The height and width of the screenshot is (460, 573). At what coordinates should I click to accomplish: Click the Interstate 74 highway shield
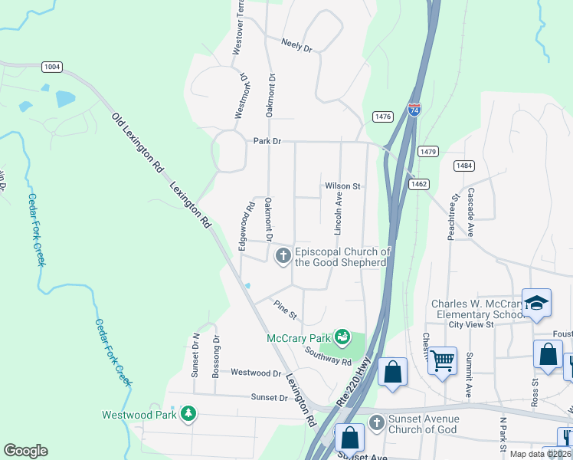(x=414, y=110)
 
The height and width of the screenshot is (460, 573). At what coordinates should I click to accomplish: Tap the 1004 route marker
(x=52, y=67)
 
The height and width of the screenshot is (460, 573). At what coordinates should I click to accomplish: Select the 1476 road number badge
(x=383, y=117)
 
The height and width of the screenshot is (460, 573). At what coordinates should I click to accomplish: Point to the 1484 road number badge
(x=463, y=166)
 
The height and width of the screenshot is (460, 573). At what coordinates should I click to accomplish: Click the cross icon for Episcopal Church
(x=283, y=255)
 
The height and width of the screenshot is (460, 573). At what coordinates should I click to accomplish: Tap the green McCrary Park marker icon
(x=342, y=337)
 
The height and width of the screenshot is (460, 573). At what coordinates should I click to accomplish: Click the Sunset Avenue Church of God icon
(x=376, y=423)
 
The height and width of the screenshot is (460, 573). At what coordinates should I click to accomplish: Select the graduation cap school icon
(x=536, y=303)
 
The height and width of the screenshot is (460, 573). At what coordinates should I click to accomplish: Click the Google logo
(x=25, y=451)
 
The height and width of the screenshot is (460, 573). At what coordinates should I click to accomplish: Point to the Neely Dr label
(x=296, y=46)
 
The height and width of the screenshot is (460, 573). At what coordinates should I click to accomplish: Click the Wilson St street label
(x=342, y=186)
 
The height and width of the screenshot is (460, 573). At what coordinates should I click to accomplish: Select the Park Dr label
(x=268, y=141)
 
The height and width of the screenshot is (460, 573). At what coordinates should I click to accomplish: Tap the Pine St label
(x=286, y=310)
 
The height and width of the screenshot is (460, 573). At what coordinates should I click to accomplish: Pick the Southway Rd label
(x=327, y=356)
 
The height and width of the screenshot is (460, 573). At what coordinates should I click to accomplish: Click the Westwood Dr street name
(x=256, y=373)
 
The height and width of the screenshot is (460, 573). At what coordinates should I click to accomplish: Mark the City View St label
(x=471, y=324)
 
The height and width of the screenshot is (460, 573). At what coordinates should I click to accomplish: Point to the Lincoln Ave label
(x=337, y=214)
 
